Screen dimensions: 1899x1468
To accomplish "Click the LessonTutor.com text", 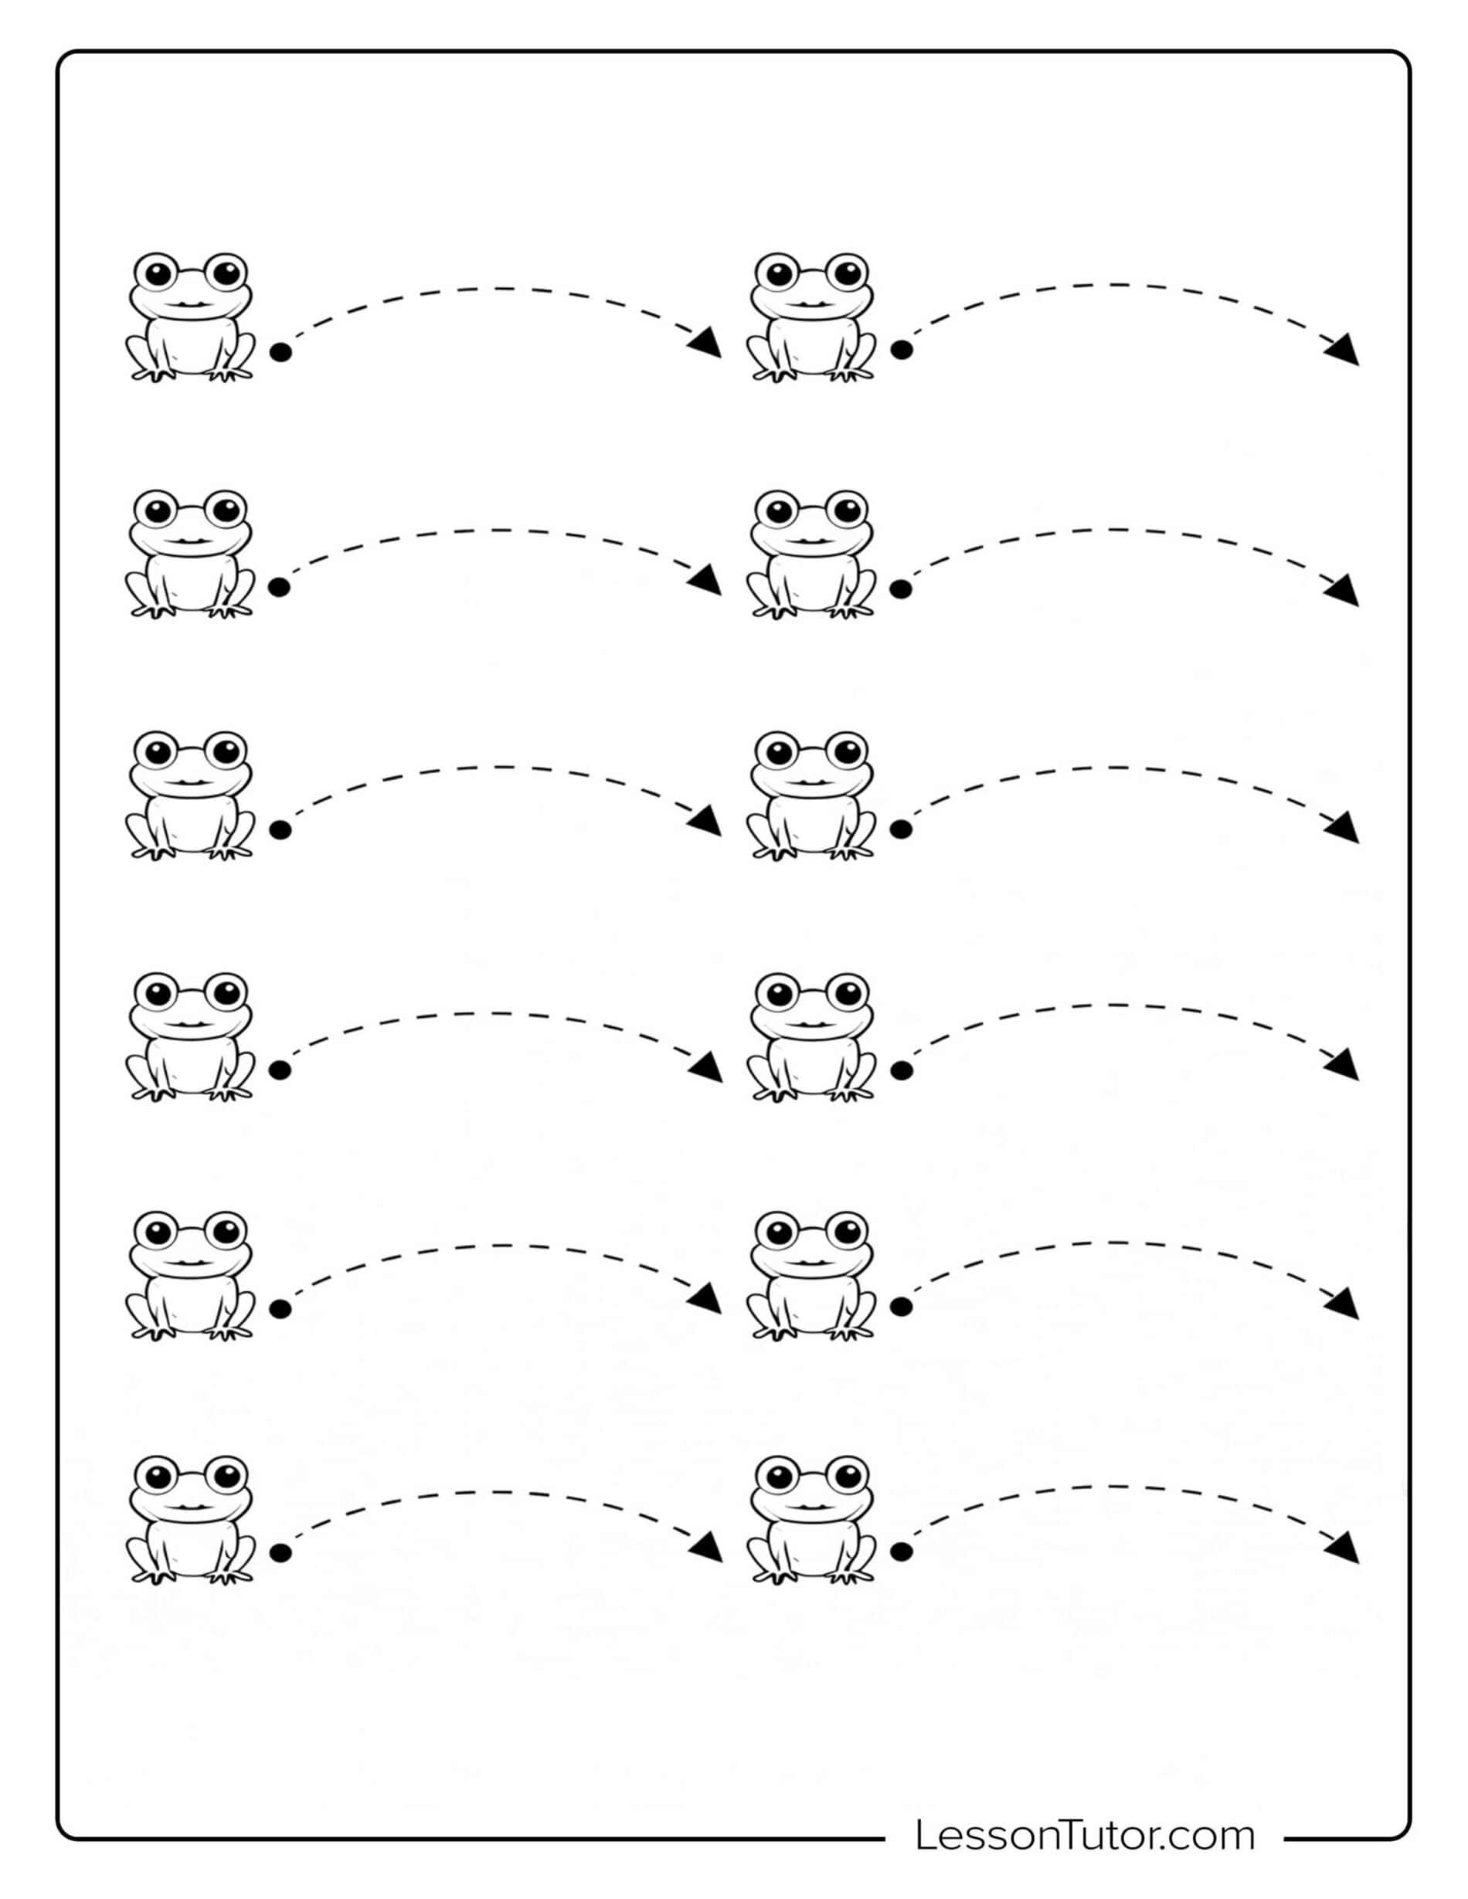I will point(1085,1836).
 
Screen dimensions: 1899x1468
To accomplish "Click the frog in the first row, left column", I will point(192,317).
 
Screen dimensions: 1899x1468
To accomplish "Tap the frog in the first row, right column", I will point(810,317).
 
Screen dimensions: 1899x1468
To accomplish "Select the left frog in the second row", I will point(192,554).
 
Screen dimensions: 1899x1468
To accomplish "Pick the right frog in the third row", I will point(810,795).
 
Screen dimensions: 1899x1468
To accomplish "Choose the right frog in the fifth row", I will point(810,1276).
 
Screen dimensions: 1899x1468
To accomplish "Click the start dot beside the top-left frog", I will point(280,352).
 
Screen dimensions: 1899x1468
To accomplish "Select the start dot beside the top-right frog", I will point(902,350).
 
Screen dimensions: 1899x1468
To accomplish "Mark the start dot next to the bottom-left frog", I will point(280,1553).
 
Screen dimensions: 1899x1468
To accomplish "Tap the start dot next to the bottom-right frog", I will point(902,1551).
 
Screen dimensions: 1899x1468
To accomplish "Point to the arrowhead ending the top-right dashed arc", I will point(1343,350).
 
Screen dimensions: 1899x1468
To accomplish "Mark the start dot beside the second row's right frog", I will point(901,589).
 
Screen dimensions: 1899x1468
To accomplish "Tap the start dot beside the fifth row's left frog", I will point(280,1309).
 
